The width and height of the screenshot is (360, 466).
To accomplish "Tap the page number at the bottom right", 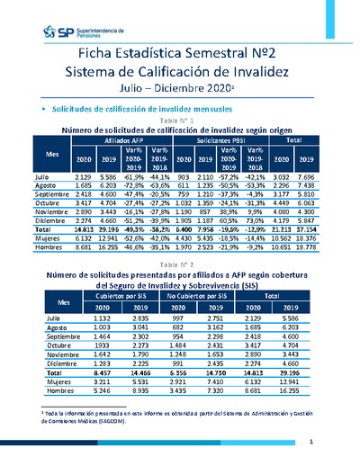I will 334,442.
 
